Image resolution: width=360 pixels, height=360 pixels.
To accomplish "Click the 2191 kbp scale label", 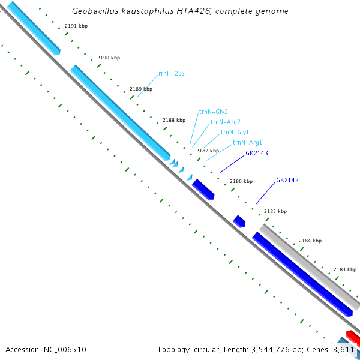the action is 76,26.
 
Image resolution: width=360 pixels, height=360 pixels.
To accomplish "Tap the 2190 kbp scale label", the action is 109,58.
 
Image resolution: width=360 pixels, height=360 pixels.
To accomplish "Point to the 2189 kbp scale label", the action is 141,89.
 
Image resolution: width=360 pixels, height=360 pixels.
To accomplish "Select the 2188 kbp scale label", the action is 174,120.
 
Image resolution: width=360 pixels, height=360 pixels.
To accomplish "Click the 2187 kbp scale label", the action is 208,151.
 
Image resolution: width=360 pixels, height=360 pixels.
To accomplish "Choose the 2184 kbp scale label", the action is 310,241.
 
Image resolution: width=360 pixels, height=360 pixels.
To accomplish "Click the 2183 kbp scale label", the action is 345,269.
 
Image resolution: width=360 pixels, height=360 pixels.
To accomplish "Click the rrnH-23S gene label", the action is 171,73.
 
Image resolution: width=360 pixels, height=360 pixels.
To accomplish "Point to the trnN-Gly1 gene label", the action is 235,132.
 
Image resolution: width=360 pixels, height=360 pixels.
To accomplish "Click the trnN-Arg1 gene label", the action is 247,142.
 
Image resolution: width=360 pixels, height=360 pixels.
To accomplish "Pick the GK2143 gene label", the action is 256,153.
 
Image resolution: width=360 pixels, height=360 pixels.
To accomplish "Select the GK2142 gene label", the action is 287,180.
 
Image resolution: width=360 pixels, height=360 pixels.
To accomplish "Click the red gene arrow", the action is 352,335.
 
